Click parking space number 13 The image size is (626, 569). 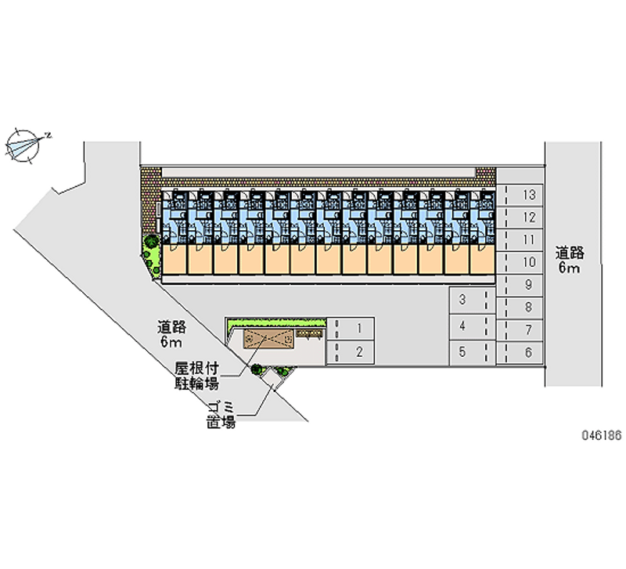point(524,196)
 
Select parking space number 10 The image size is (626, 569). point(524,262)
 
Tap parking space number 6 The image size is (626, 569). point(524,352)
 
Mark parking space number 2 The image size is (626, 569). point(352,352)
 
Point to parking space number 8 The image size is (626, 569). point(524,308)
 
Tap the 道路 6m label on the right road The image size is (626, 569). point(569,261)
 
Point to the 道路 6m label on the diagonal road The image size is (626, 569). point(171,334)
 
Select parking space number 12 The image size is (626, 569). point(524,218)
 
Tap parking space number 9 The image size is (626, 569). point(524,285)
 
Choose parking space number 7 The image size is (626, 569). point(524,330)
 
